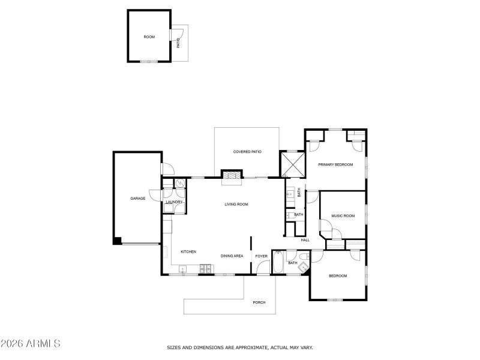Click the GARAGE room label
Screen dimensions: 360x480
[x=138, y=198]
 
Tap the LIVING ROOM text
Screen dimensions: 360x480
[x=236, y=205]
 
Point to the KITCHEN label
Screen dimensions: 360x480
[x=188, y=252]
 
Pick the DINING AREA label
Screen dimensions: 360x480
[x=232, y=256]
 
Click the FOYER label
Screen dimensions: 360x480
[x=261, y=256]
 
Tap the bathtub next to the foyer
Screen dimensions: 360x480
[x=279, y=262]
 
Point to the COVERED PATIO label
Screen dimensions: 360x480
[x=247, y=152]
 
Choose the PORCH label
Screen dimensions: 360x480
[x=259, y=302]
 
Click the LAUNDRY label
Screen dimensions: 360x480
[x=174, y=202]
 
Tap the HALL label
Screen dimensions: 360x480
[x=305, y=240]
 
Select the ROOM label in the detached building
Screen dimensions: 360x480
[x=149, y=37]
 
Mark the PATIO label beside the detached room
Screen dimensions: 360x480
[x=178, y=43]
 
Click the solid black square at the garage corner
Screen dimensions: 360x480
[x=118, y=241]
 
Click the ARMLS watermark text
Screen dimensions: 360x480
[x=31, y=344]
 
